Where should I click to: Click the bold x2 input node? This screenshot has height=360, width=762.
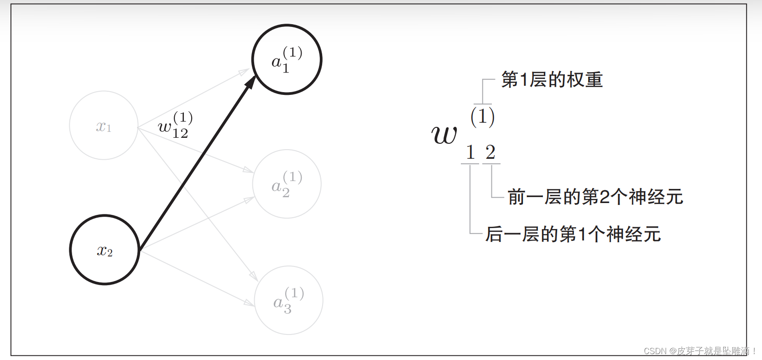pyautogui.click(x=104, y=250)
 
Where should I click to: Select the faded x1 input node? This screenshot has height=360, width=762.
pyautogui.click(x=104, y=125)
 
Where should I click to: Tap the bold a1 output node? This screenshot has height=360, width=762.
pyautogui.click(x=287, y=59)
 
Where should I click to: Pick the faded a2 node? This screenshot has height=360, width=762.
pyautogui.click(x=287, y=184)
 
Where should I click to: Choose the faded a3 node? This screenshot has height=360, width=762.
pyautogui.click(x=288, y=300)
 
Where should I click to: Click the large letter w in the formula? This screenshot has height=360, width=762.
pyautogui.click(x=444, y=135)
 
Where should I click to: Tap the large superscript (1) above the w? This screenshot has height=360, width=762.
pyautogui.click(x=482, y=116)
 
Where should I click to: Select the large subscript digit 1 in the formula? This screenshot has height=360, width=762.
pyautogui.click(x=470, y=152)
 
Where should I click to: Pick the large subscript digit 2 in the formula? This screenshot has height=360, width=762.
pyautogui.click(x=491, y=152)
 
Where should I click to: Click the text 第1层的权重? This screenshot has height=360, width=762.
pyautogui.click(x=552, y=80)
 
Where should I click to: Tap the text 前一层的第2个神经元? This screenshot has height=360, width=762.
pyautogui.click(x=595, y=197)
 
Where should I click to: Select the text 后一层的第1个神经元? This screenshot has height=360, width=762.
pyautogui.click(x=573, y=235)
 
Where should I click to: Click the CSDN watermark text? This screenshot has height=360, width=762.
pyautogui.click(x=698, y=351)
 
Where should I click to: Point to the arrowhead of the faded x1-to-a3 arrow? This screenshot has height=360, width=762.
pyautogui.click(x=254, y=277)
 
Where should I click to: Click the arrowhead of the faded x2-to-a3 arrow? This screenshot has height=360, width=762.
pyautogui.click(x=250, y=303)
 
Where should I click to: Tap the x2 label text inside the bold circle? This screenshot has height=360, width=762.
pyautogui.click(x=105, y=250)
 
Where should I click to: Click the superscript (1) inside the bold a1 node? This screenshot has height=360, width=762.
pyautogui.click(x=292, y=52)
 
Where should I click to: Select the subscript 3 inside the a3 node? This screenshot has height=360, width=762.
pyautogui.click(x=287, y=309)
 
